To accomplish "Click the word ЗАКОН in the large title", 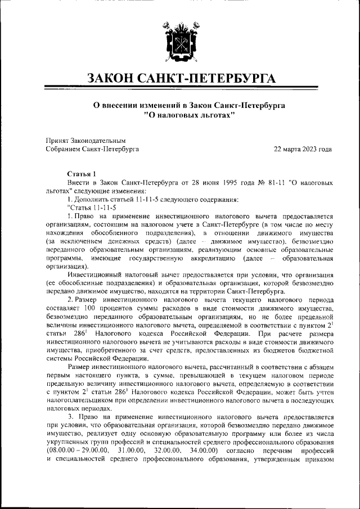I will point(116,78).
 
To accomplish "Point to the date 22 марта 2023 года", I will point(303,149).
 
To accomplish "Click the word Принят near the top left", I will point(58,140).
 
